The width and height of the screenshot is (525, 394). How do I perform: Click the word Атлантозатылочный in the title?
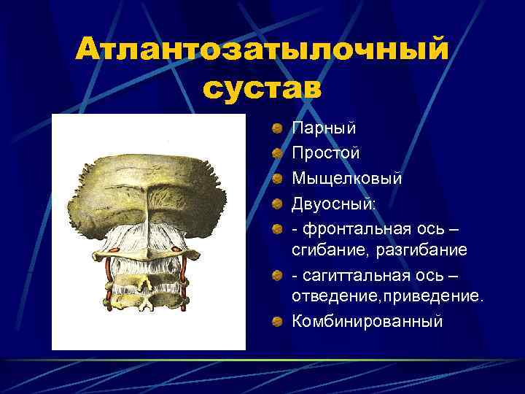pos(262,50)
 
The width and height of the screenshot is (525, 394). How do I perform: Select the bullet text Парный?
pos(324,128)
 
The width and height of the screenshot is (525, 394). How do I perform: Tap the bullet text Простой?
pos(325,153)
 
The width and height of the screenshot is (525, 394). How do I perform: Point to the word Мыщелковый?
pos(346,178)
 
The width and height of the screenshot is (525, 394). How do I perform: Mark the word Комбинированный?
pos(367,321)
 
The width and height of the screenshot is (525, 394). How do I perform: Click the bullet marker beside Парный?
pos(278,129)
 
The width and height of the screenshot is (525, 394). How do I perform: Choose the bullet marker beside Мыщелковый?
pos(278,179)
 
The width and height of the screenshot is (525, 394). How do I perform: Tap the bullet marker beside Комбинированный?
pos(278,322)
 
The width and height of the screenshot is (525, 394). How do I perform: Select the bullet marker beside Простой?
pos(278,154)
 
